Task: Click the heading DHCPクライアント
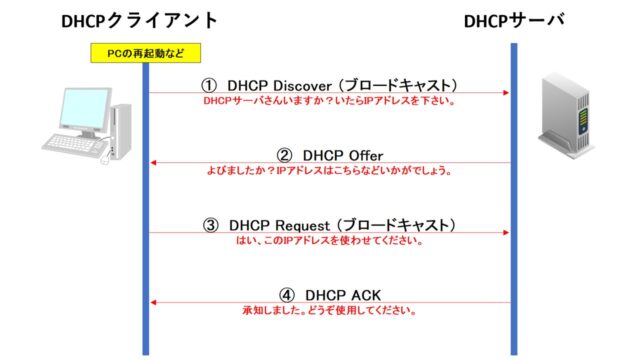point(140,21)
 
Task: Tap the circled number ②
point(284,155)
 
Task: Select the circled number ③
point(210,225)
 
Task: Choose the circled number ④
point(287,295)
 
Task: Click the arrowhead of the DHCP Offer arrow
point(154,163)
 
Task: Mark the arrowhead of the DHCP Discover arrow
point(506,93)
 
